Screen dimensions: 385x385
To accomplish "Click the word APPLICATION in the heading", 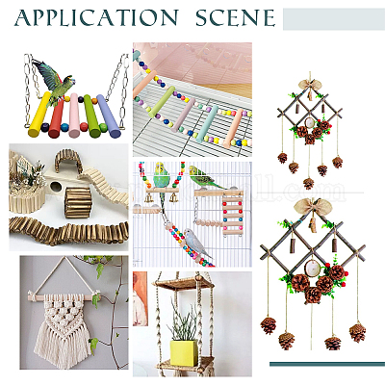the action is [x=96, y=18].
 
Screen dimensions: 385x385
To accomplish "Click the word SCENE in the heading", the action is [x=236, y=18].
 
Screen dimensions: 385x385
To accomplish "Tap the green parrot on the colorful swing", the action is [x=55, y=82].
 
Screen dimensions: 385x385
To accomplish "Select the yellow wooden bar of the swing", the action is [x=39, y=115].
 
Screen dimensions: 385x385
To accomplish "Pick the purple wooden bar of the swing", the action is [x=109, y=115].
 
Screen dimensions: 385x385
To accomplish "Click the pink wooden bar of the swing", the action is [x=74, y=115].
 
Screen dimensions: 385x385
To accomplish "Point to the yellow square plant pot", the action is [x=184, y=352].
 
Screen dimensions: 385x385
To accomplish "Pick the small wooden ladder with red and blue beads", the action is [x=233, y=213].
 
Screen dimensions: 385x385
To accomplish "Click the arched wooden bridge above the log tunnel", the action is [x=68, y=161].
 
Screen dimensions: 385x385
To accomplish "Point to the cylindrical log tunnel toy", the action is [x=78, y=203].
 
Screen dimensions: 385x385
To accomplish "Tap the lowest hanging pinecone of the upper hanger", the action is [x=308, y=183].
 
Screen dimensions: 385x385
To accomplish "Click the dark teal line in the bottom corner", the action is [x=327, y=364].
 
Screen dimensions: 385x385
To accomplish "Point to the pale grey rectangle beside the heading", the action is [x=334, y=19].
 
